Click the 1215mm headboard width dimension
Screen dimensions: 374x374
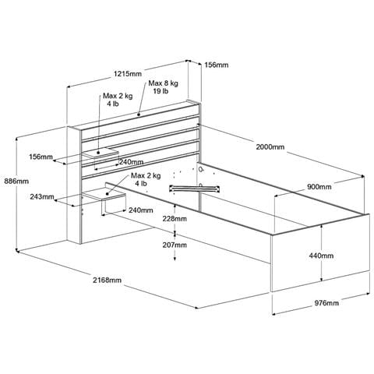tap(128, 74)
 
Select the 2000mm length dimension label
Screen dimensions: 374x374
tap(270, 147)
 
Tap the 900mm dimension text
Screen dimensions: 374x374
tap(319, 187)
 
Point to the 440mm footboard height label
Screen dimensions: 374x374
tap(321, 256)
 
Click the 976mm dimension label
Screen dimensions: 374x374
tap(326, 303)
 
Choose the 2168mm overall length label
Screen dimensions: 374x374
tap(108, 280)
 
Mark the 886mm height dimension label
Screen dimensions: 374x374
tap(16, 182)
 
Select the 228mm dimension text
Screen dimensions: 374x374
tap(175, 219)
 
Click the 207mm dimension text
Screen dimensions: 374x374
tap(175, 245)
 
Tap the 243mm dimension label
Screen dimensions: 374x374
tap(42, 197)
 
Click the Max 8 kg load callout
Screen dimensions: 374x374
tap(163, 83)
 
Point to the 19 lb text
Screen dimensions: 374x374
tap(161, 91)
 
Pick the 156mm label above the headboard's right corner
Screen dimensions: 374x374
tap(217, 65)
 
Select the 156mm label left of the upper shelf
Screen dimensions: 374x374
tap(41, 157)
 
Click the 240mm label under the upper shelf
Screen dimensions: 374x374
tap(132, 162)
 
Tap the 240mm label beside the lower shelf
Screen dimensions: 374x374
tap(141, 210)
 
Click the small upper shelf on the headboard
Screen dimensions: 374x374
tap(101, 153)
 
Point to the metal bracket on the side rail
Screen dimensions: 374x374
tap(195, 189)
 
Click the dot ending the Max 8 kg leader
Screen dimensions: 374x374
tap(139, 114)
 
